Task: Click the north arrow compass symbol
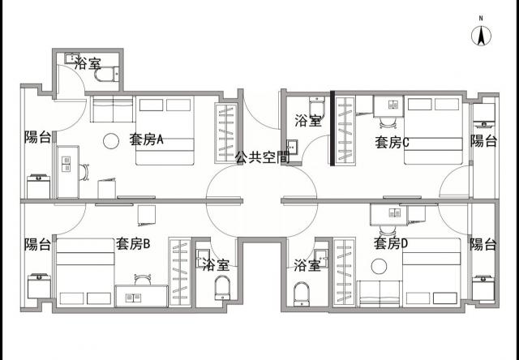point(481,36)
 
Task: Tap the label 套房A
point(146,139)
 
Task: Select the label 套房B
point(133,244)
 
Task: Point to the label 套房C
point(392,142)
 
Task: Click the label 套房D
point(391,243)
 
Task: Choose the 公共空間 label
point(263,157)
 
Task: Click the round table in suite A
point(111,141)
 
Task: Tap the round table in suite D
point(379,266)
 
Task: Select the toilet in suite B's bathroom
point(222,288)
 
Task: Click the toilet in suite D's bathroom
point(302,294)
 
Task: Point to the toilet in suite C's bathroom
point(317,107)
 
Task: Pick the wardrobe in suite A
point(226,133)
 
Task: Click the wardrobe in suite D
point(345,271)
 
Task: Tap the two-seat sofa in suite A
point(112,109)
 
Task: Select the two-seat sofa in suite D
point(380,294)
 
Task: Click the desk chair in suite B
point(143,280)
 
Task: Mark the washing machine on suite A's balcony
point(38,186)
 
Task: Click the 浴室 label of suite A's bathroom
point(88,63)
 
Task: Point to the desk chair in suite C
point(388,122)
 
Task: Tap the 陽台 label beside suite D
point(483,245)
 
